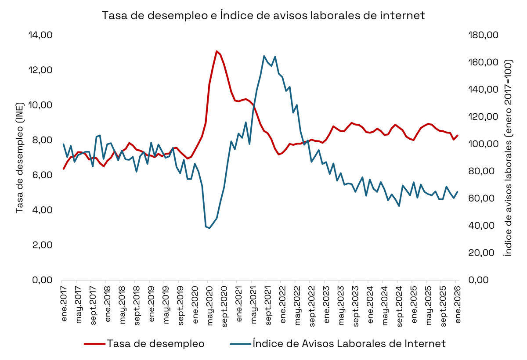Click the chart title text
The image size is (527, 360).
[263, 15]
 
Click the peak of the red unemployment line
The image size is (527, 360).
[217, 51]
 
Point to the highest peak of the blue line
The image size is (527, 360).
[264, 56]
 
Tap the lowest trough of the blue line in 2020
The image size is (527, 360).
[209, 228]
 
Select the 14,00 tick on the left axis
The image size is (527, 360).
[40, 35]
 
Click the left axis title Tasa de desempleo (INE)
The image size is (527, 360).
[19, 157]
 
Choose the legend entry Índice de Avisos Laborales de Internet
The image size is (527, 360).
[349, 344]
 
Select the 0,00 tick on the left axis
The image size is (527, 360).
[42, 280]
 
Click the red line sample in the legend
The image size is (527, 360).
[94, 344]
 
